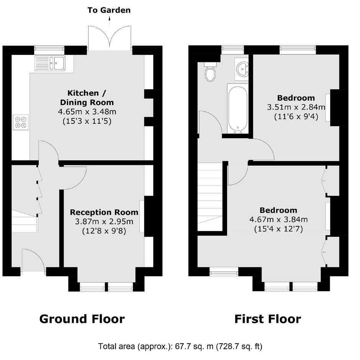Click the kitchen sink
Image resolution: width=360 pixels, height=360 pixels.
[50, 63]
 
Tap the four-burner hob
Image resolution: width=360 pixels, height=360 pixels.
[21, 122]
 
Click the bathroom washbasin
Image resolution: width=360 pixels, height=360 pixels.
[242, 69]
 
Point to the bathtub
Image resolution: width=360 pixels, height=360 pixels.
[238, 109]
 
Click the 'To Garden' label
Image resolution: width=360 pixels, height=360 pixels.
[109, 10]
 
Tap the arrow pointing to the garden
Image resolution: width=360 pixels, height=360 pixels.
[110, 21]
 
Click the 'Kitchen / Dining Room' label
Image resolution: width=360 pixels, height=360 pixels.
[87, 98]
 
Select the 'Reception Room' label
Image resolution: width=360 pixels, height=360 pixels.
[104, 212]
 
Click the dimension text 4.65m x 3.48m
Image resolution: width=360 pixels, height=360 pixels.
[87, 112]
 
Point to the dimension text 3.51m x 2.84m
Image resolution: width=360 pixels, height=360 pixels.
[296, 107]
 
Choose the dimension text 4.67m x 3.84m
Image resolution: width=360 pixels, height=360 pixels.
[278, 219]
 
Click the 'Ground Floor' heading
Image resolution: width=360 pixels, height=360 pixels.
[82, 319]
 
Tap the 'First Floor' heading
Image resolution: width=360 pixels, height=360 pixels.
[268, 319]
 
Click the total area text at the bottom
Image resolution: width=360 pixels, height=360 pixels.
[180, 346]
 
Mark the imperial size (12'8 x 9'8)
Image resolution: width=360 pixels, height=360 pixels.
[104, 231]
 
